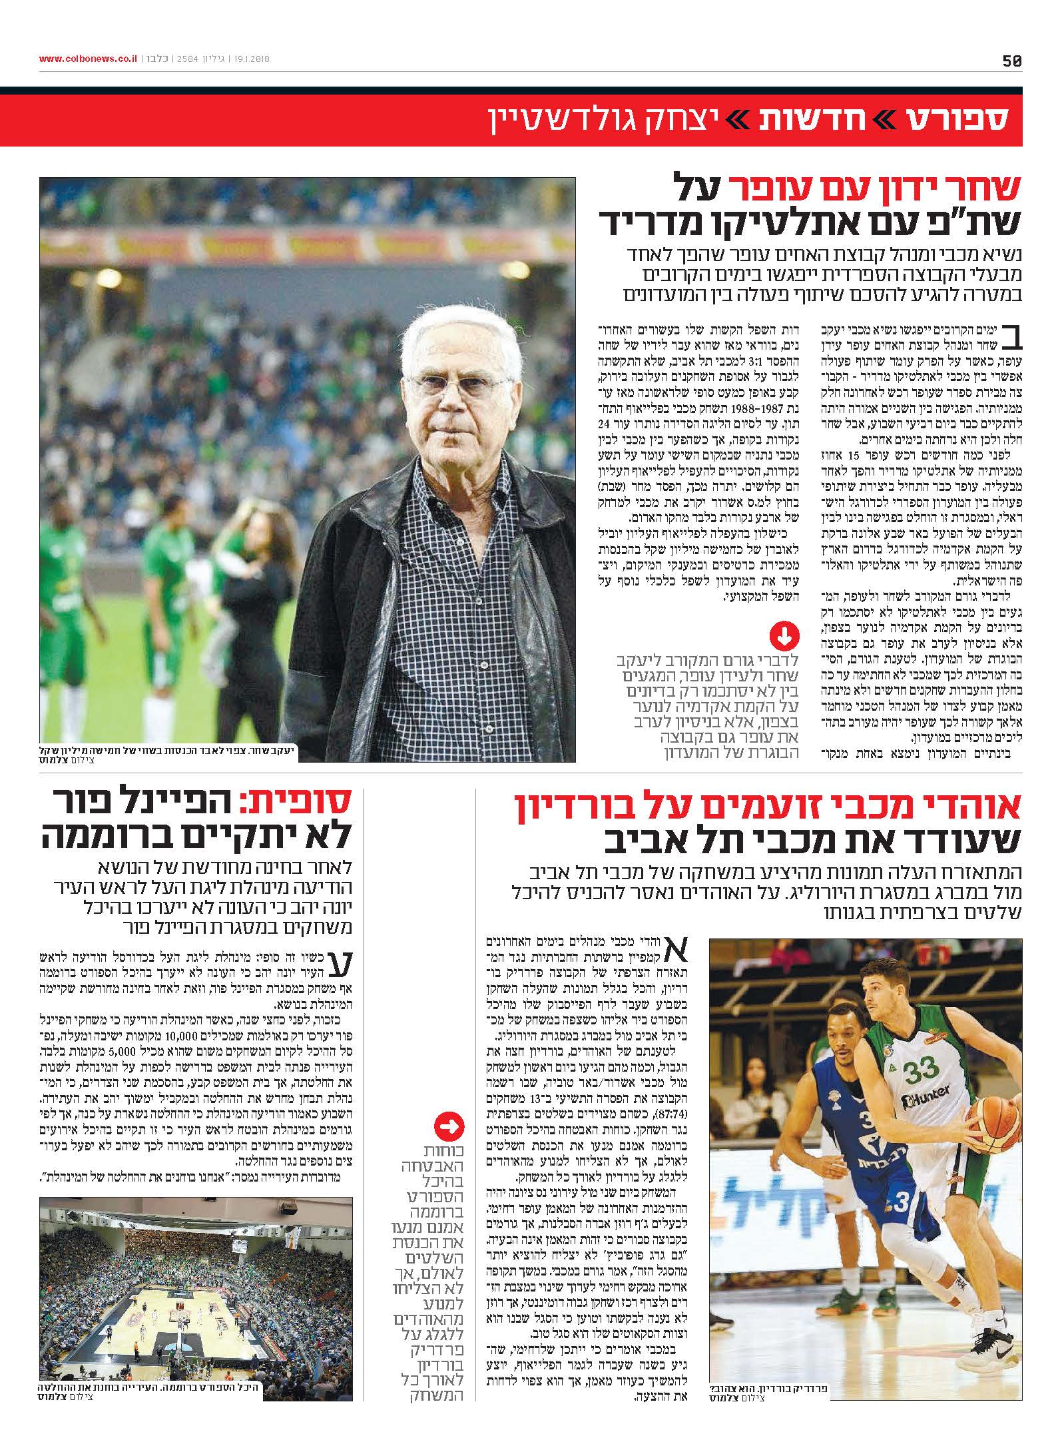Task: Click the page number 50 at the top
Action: click(x=1011, y=61)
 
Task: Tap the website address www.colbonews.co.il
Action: click(x=88, y=59)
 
